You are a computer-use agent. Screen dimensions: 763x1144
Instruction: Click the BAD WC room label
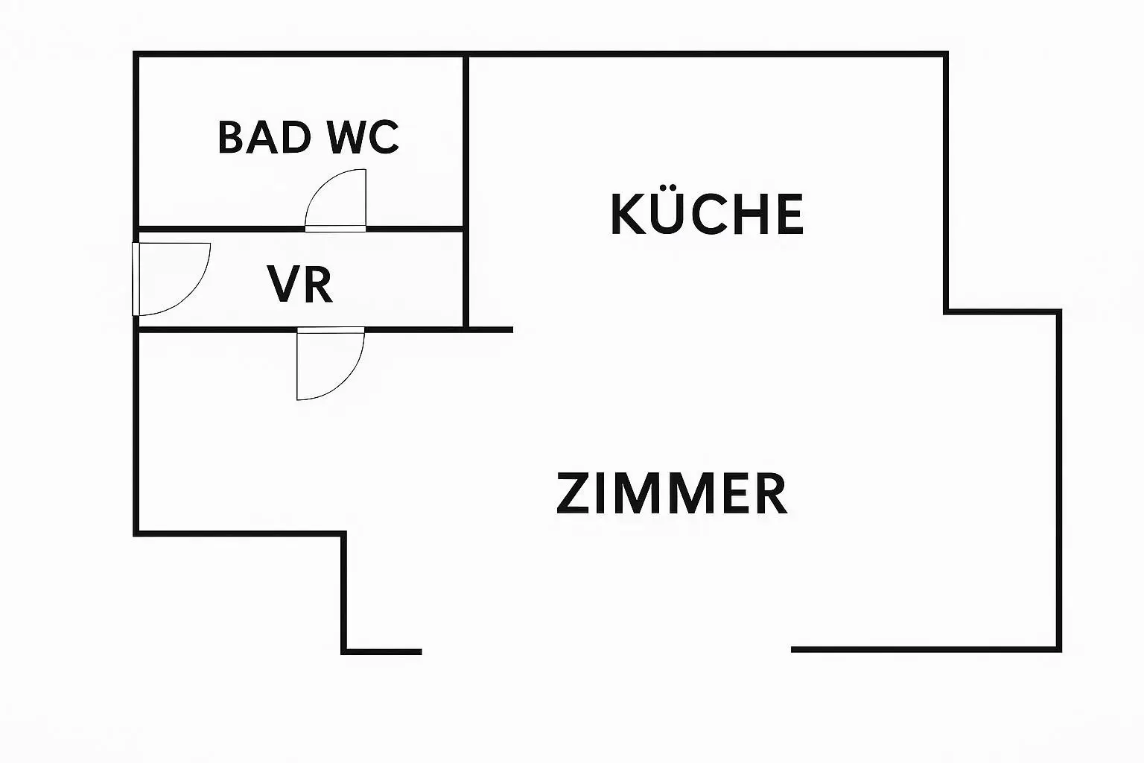point(308,137)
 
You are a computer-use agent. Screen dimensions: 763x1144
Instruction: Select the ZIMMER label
point(672,493)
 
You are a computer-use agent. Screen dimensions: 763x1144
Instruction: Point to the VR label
point(300,284)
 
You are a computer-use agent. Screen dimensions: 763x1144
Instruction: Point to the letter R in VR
point(319,284)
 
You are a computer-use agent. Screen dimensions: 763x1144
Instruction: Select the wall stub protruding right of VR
point(490,329)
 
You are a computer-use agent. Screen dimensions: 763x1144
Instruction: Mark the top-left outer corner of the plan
point(136,54)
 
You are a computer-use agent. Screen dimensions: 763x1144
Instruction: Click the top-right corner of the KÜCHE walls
point(945,54)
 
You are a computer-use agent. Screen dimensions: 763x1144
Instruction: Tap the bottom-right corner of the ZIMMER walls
point(1058,649)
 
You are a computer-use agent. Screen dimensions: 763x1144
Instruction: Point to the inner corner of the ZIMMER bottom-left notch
point(344,534)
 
